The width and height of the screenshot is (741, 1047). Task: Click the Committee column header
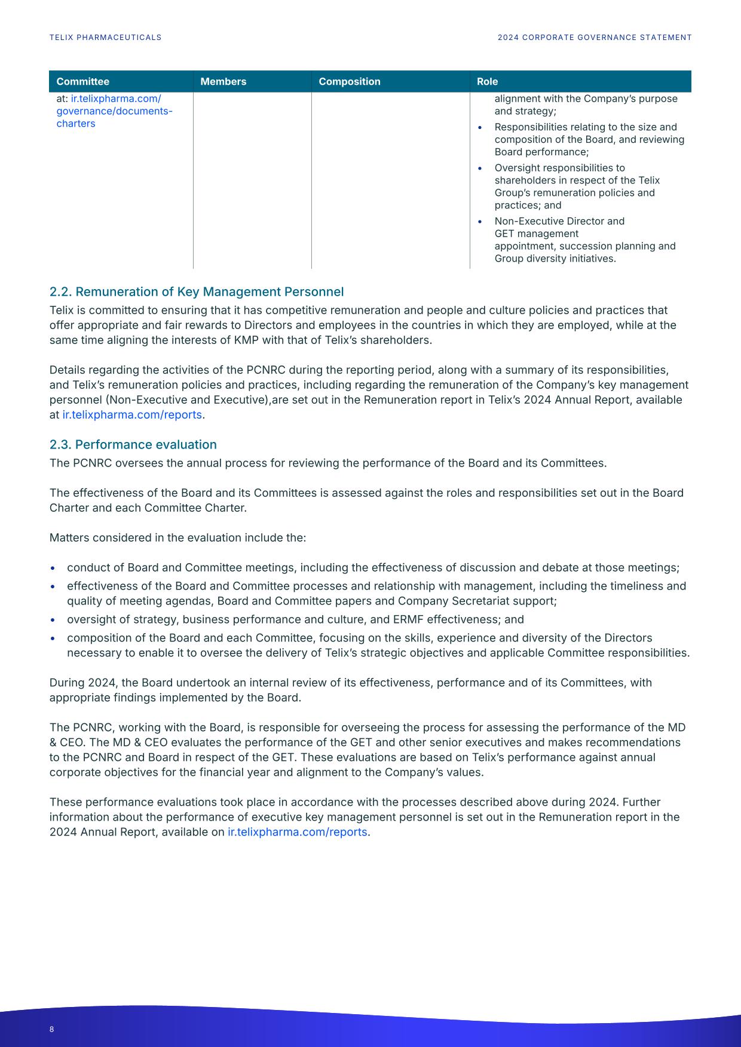point(83,82)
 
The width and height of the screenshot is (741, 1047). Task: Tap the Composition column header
point(349,82)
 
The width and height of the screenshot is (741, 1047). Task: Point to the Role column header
point(487,82)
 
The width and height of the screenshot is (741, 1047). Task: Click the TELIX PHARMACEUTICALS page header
point(105,38)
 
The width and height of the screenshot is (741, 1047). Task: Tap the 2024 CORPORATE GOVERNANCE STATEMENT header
point(595,38)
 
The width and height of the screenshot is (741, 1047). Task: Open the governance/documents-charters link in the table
point(114,111)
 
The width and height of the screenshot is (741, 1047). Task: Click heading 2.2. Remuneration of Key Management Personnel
point(196,292)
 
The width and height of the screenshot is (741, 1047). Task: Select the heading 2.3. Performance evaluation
point(133,445)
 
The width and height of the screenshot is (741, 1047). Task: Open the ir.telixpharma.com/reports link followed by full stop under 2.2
point(132,415)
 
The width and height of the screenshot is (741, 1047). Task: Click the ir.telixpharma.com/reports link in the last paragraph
point(297,832)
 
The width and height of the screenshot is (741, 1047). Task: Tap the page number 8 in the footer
point(52,1029)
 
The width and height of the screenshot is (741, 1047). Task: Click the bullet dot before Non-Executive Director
point(480,222)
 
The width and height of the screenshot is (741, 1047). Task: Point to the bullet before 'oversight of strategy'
point(53,620)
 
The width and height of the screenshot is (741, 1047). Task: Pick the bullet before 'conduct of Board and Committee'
point(53,568)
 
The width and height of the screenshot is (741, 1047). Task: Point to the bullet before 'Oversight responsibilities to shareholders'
point(480,168)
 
